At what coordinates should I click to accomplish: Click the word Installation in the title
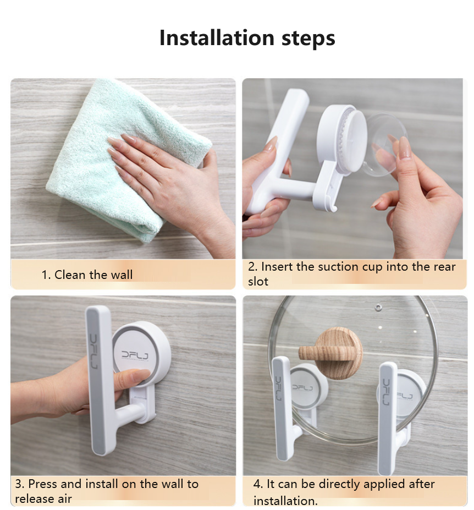[x=217, y=38]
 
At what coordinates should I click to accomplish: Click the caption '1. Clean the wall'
[x=87, y=275]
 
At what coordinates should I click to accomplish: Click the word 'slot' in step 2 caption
[x=258, y=281]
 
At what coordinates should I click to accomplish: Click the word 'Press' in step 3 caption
[x=43, y=484]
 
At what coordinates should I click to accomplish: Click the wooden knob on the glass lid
[x=335, y=351]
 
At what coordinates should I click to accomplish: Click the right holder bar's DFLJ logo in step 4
[x=387, y=392]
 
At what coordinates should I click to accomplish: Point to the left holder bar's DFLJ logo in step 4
[x=279, y=388]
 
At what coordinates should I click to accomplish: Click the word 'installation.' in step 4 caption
[x=285, y=501]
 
